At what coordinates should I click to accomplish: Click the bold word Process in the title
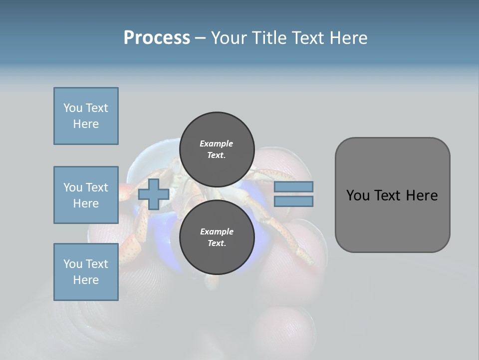157,38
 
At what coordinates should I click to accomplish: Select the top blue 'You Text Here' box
86,116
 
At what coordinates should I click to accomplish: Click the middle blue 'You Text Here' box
86,195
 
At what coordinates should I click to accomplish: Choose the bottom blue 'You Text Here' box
86,272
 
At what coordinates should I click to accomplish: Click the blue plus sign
154,194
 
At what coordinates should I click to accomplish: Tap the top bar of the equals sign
293,187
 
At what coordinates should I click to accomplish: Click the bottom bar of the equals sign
293,201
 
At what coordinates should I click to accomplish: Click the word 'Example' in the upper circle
217,143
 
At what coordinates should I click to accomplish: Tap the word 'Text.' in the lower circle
217,243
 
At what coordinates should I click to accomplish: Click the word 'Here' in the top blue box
86,124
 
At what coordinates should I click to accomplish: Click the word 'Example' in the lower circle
217,231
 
